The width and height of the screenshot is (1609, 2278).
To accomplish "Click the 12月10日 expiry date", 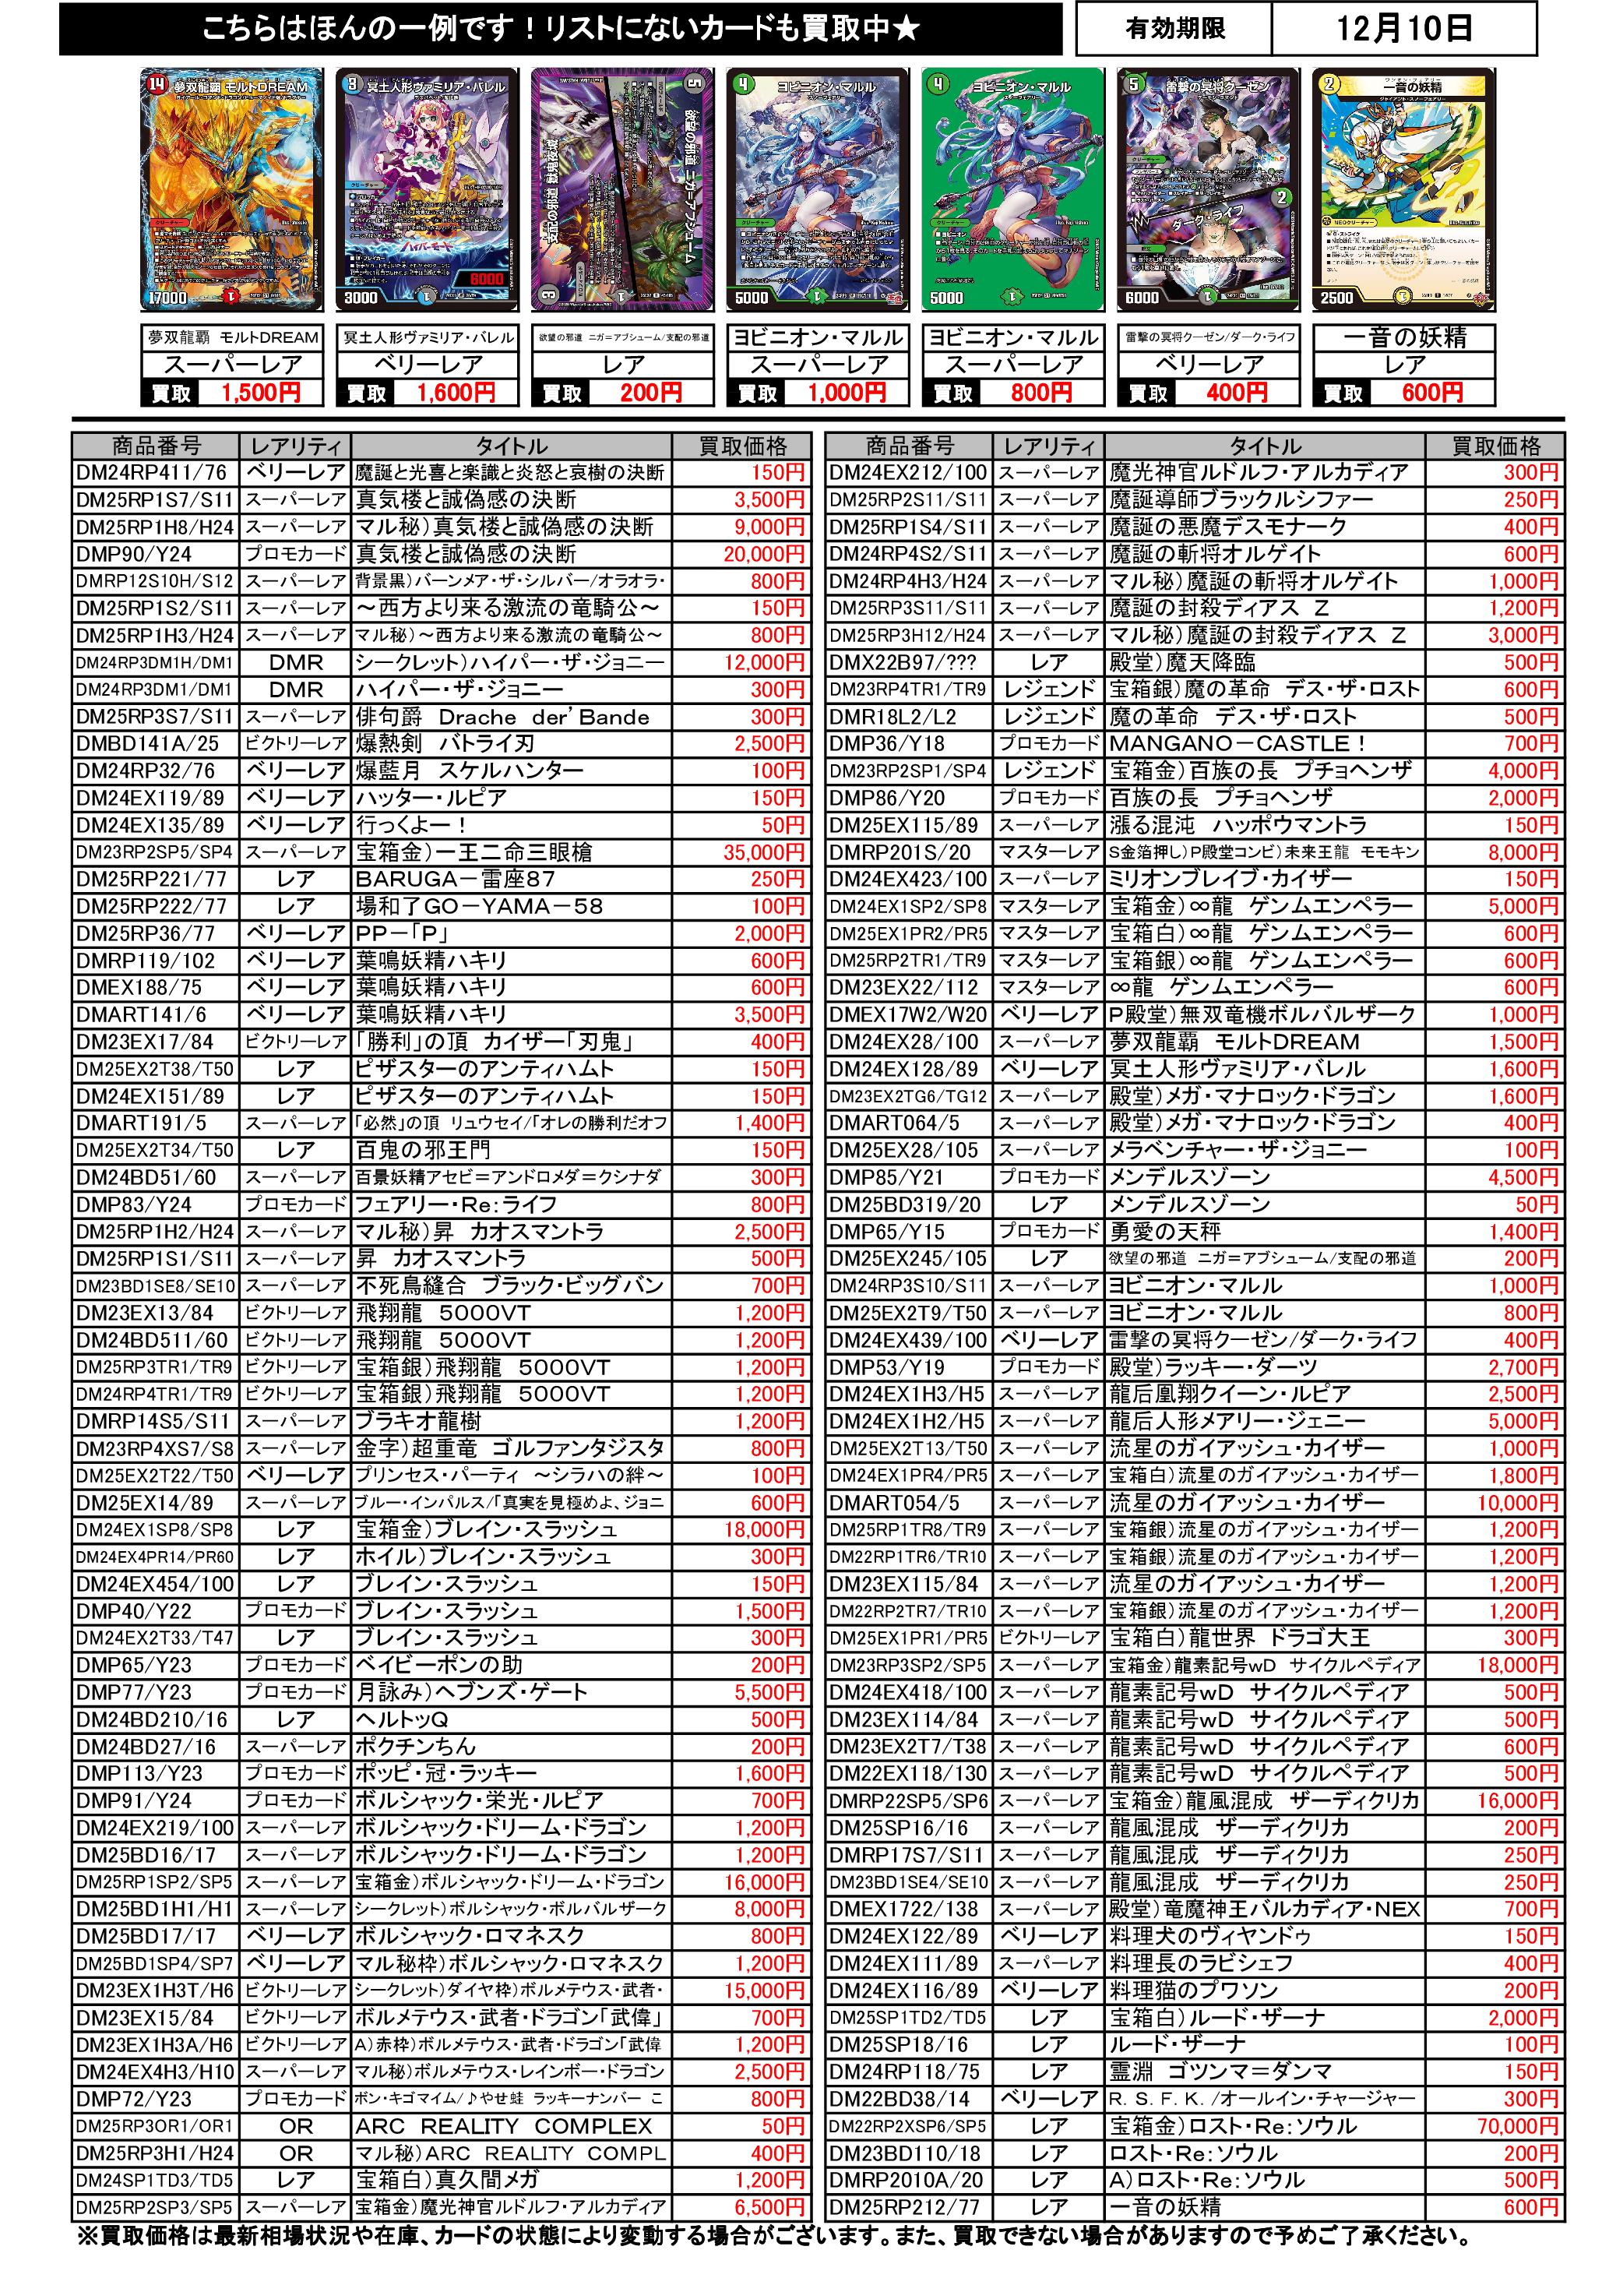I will [x=1403, y=29].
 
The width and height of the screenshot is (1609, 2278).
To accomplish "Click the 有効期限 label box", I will [x=1174, y=29].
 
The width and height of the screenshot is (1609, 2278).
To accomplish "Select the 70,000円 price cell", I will [x=1518, y=2126].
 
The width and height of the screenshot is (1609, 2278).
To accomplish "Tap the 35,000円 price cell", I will [x=764, y=852].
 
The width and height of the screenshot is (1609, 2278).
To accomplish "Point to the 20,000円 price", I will [x=764, y=555].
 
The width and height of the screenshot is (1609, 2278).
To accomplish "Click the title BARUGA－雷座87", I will [x=456, y=879].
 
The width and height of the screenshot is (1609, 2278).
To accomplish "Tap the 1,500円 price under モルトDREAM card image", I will [x=260, y=393].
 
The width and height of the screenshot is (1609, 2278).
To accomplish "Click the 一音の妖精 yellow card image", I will [x=1403, y=189].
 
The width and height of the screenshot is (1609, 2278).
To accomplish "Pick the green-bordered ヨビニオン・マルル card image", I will [x=1012, y=189].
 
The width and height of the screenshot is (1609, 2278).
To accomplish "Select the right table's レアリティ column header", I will [x=1048, y=446].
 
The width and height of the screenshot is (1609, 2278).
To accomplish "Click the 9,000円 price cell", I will [x=768, y=527].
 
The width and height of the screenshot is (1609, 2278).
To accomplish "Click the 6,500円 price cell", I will [x=768, y=2208].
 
